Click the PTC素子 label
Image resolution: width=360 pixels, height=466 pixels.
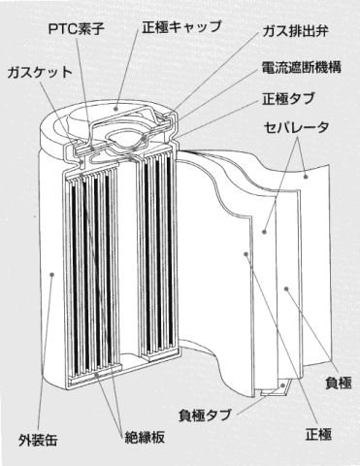(x=77, y=29)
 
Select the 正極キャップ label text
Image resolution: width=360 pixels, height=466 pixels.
(x=181, y=27)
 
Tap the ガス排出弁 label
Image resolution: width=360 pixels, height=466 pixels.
(x=295, y=31)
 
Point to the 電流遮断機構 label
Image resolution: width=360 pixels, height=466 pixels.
(x=302, y=67)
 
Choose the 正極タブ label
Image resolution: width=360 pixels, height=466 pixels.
(x=288, y=98)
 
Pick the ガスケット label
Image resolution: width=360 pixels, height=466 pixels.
(x=40, y=72)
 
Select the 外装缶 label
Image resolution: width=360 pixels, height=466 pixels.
(x=38, y=440)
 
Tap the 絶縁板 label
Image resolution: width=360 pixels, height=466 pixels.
(x=145, y=437)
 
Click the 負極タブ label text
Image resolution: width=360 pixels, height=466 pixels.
(x=205, y=415)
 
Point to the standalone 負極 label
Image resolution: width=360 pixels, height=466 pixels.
(x=339, y=383)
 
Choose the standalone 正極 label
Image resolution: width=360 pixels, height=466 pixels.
(x=318, y=434)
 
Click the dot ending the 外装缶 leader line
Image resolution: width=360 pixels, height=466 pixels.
(x=51, y=275)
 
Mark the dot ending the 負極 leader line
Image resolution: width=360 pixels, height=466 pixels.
(x=286, y=288)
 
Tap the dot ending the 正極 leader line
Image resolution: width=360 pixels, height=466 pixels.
(x=246, y=254)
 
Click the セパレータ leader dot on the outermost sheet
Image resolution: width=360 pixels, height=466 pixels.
(x=306, y=177)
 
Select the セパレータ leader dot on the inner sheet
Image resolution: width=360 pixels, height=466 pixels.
(x=264, y=232)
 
